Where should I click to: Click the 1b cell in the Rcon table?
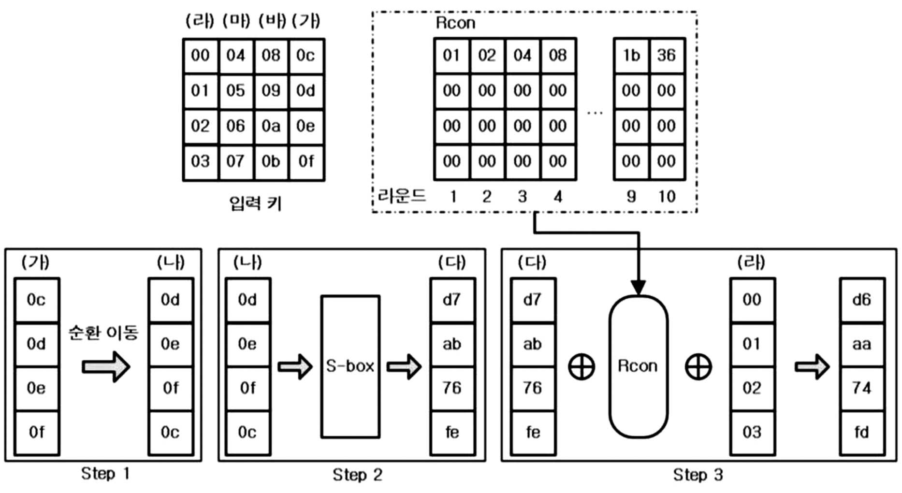[631, 56]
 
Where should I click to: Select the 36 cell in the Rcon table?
[667, 56]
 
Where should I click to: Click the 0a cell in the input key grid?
[271, 126]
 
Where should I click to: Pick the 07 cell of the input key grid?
[235, 162]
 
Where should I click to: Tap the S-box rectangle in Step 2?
[350, 366]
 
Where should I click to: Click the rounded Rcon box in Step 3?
[638, 366]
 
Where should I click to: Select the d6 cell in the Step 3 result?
[862, 300]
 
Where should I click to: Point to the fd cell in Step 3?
[862, 433]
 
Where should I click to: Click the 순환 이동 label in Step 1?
[103, 333]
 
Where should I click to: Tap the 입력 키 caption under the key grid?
[255, 203]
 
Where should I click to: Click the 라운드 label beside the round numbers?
[402, 196]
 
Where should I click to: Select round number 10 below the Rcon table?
[667, 197]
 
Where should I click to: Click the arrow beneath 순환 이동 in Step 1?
[106, 366]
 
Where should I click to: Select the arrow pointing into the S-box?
[295, 366]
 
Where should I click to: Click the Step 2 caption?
[357, 475]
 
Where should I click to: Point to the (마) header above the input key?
[237, 21]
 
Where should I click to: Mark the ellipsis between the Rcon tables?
[595, 114]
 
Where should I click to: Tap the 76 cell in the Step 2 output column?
[452, 388]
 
